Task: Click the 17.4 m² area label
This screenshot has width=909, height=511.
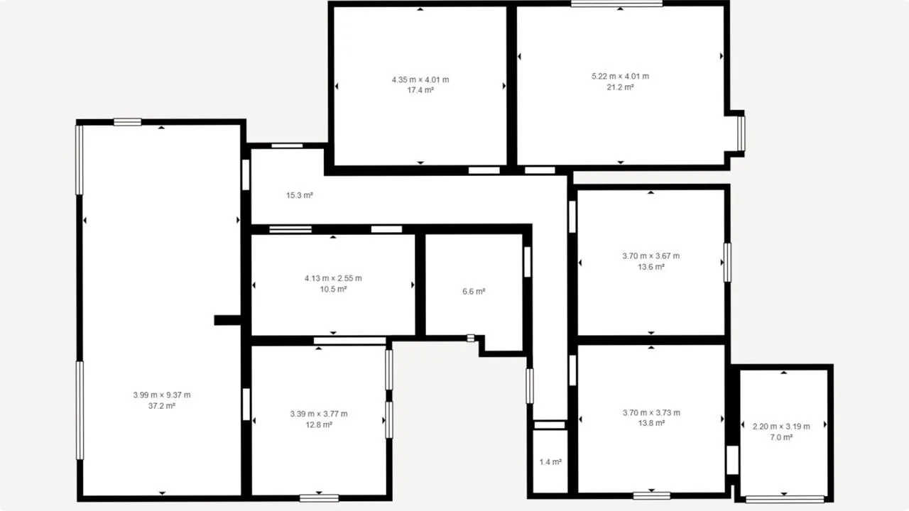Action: [x=420, y=90]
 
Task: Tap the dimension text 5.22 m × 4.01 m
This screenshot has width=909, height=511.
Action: [x=620, y=76]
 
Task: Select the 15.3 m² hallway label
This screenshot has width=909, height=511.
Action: [x=300, y=195]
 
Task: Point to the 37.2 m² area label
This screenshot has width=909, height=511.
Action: [x=161, y=406]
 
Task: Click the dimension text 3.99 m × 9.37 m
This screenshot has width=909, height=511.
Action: [x=161, y=395]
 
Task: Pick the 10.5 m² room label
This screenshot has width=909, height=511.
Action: [x=333, y=289]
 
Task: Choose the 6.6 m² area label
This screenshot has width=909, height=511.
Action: [x=474, y=292]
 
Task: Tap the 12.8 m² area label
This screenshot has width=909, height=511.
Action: [x=319, y=425]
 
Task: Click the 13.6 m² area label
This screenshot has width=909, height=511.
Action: [x=651, y=267]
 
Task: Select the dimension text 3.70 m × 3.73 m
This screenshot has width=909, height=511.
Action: [x=651, y=413]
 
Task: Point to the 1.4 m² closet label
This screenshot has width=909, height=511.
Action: [x=550, y=462]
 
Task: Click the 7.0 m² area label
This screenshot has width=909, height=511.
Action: [x=781, y=438]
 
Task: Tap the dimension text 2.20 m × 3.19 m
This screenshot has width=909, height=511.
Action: [x=781, y=427]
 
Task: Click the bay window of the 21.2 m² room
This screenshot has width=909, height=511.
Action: [x=741, y=133]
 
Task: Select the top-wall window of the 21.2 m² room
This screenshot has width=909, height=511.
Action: [x=617, y=4]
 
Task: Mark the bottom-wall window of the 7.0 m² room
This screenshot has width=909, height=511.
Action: [x=785, y=499]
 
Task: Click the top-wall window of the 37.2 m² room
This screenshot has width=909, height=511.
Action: [x=127, y=121]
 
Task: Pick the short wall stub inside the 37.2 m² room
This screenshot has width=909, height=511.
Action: [x=228, y=320]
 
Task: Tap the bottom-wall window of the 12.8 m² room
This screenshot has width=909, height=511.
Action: [x=319, y=498]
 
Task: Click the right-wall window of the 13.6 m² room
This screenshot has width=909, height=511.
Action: [x=727, y=263]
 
